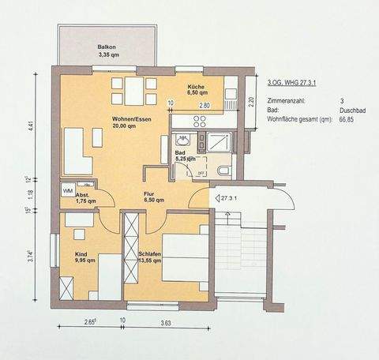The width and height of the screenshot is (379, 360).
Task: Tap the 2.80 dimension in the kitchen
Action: coord(204,104)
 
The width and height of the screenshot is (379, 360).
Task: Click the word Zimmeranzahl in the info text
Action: coord(288,100)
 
